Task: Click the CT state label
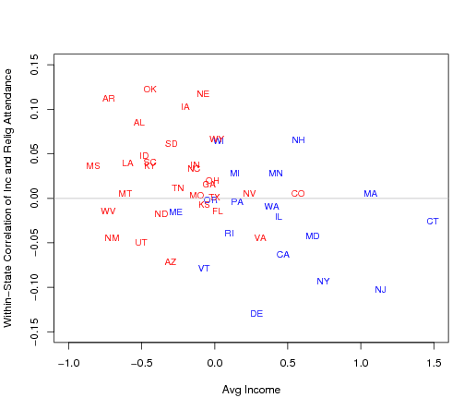(433, 222)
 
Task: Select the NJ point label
(380, 290)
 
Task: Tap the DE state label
(256, 314)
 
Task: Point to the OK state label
(149, 90)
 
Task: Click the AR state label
(109, 99)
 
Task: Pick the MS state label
(93, 166)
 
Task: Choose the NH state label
(298, 140)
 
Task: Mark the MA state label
(370, 194)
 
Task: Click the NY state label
(323, 282)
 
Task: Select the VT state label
(204, 269)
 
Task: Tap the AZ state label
(171, 262)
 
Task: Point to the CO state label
(298, 194)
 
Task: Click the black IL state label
(279, 217)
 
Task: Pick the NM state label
(112, 238)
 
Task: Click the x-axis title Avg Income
(251, 391)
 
